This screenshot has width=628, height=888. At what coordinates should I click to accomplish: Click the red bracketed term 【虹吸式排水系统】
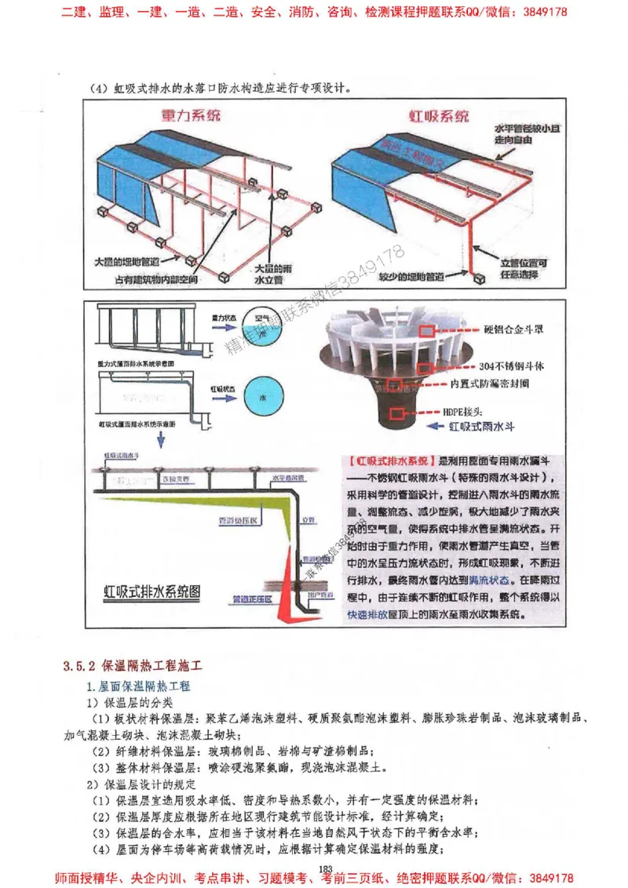389,460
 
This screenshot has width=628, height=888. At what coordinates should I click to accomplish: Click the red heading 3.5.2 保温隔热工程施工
133,666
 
